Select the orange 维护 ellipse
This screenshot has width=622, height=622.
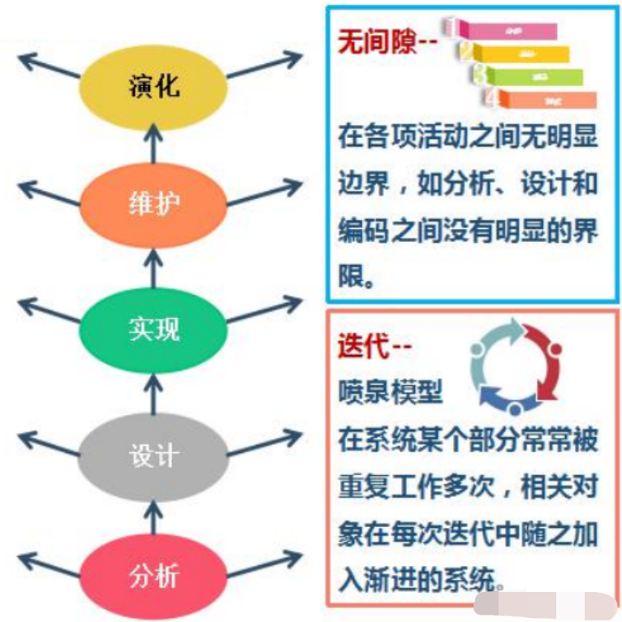[153, 203]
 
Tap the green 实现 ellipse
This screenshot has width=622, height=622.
[153, 329]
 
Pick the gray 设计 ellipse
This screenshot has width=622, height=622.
[153, 452]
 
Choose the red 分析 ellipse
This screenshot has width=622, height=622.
[153, 576]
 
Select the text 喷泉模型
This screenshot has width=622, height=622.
[391, 392]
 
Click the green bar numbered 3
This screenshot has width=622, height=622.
[537, 76]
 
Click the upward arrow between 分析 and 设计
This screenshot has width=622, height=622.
[154, 516]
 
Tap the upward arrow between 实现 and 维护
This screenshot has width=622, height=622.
[154, 266]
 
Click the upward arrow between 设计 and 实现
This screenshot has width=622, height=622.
[154, 391]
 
